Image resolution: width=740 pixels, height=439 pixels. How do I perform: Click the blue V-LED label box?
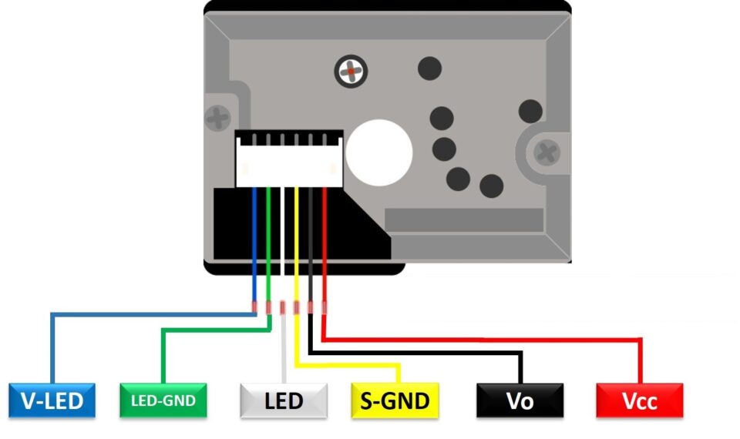(52, 400)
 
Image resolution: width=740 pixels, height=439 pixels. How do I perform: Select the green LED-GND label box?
(163, 400)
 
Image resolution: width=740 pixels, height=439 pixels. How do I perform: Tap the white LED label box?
(284, 400)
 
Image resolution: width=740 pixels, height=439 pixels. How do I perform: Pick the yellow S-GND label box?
(395, 400)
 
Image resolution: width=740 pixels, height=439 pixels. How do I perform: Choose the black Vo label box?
(520, 400)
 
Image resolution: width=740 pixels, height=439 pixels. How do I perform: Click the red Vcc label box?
(640, 400)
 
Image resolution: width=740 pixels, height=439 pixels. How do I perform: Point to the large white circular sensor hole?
(379, 152)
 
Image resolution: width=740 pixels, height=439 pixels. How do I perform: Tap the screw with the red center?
(351, 72)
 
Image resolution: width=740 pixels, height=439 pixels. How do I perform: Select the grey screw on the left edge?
(219, 118)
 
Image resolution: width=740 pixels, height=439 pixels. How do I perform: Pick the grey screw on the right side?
(548, 151)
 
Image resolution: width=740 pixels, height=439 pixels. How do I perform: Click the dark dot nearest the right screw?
(530, 112)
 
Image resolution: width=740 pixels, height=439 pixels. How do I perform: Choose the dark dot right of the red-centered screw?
(429, 69)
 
